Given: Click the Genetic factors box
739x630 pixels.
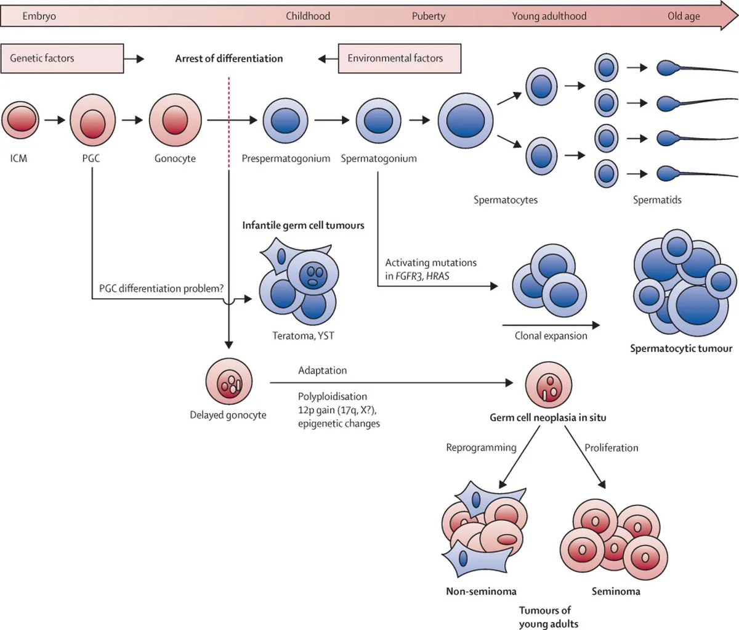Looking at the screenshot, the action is point(62,59).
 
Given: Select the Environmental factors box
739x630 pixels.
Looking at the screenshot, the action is point(400,59).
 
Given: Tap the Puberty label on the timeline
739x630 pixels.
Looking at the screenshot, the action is point(429,16).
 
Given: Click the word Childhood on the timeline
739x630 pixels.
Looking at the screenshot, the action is point(308,16).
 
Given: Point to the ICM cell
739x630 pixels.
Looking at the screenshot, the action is point(20,120).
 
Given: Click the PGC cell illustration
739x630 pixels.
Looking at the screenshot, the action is point(92,120).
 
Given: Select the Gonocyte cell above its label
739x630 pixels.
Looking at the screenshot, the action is point(175,120).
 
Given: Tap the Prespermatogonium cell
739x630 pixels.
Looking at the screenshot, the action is point(285,121).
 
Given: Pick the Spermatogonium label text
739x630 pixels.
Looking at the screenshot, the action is point(379,158).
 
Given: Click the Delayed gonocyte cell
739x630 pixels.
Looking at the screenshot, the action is point(229,382).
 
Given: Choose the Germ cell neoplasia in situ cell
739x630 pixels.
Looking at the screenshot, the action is point(549,385).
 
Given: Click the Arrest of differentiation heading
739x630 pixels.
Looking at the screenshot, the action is point(229,59).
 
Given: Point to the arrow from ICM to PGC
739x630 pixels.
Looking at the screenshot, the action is point(55,120).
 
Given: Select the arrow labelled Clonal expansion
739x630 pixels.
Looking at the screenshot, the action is point(551,325).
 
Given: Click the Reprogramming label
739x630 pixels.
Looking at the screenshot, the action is point(481,448).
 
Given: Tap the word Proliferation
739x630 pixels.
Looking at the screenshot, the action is point(611,448).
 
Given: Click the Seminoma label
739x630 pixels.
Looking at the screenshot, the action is point(616,591).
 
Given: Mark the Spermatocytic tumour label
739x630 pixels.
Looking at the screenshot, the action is point(681,348).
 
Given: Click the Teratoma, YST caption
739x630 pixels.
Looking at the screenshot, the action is point(303,335).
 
